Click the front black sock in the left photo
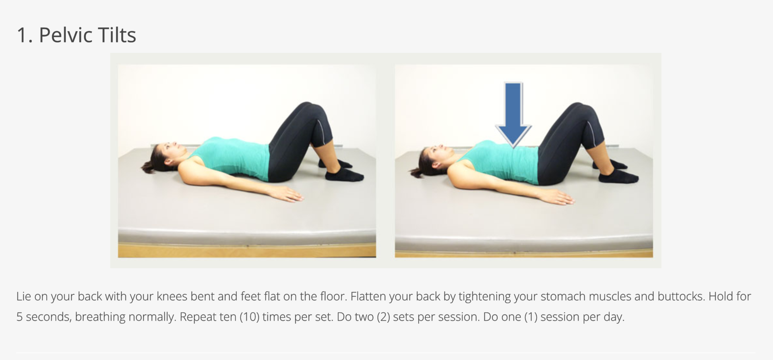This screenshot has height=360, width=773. pos(344,175)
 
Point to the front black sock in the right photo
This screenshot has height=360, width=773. pos(618,177)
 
